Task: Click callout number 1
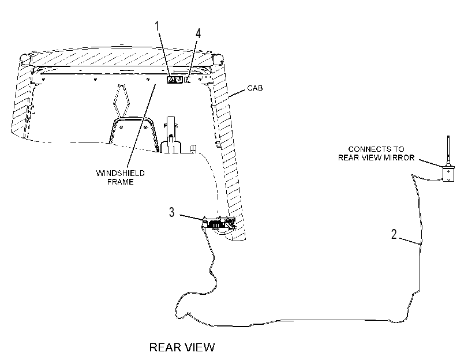coord(157,27)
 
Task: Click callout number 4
coord(198,33)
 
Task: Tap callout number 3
coord(171,212)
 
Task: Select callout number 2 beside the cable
coord(394,234)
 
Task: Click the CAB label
coord(255,88)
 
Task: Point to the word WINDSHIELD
coord(120,173)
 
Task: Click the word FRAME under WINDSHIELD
coord(120,182)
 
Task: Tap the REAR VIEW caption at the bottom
coord(182,347)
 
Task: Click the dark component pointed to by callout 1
coord(175,80)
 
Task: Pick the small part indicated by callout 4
coord(188,80)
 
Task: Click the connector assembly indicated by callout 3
coord(219,223)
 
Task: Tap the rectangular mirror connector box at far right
coord(448,174)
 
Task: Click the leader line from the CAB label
coord(237,93)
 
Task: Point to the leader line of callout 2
coord(410,241)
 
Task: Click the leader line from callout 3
coord(192,217)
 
